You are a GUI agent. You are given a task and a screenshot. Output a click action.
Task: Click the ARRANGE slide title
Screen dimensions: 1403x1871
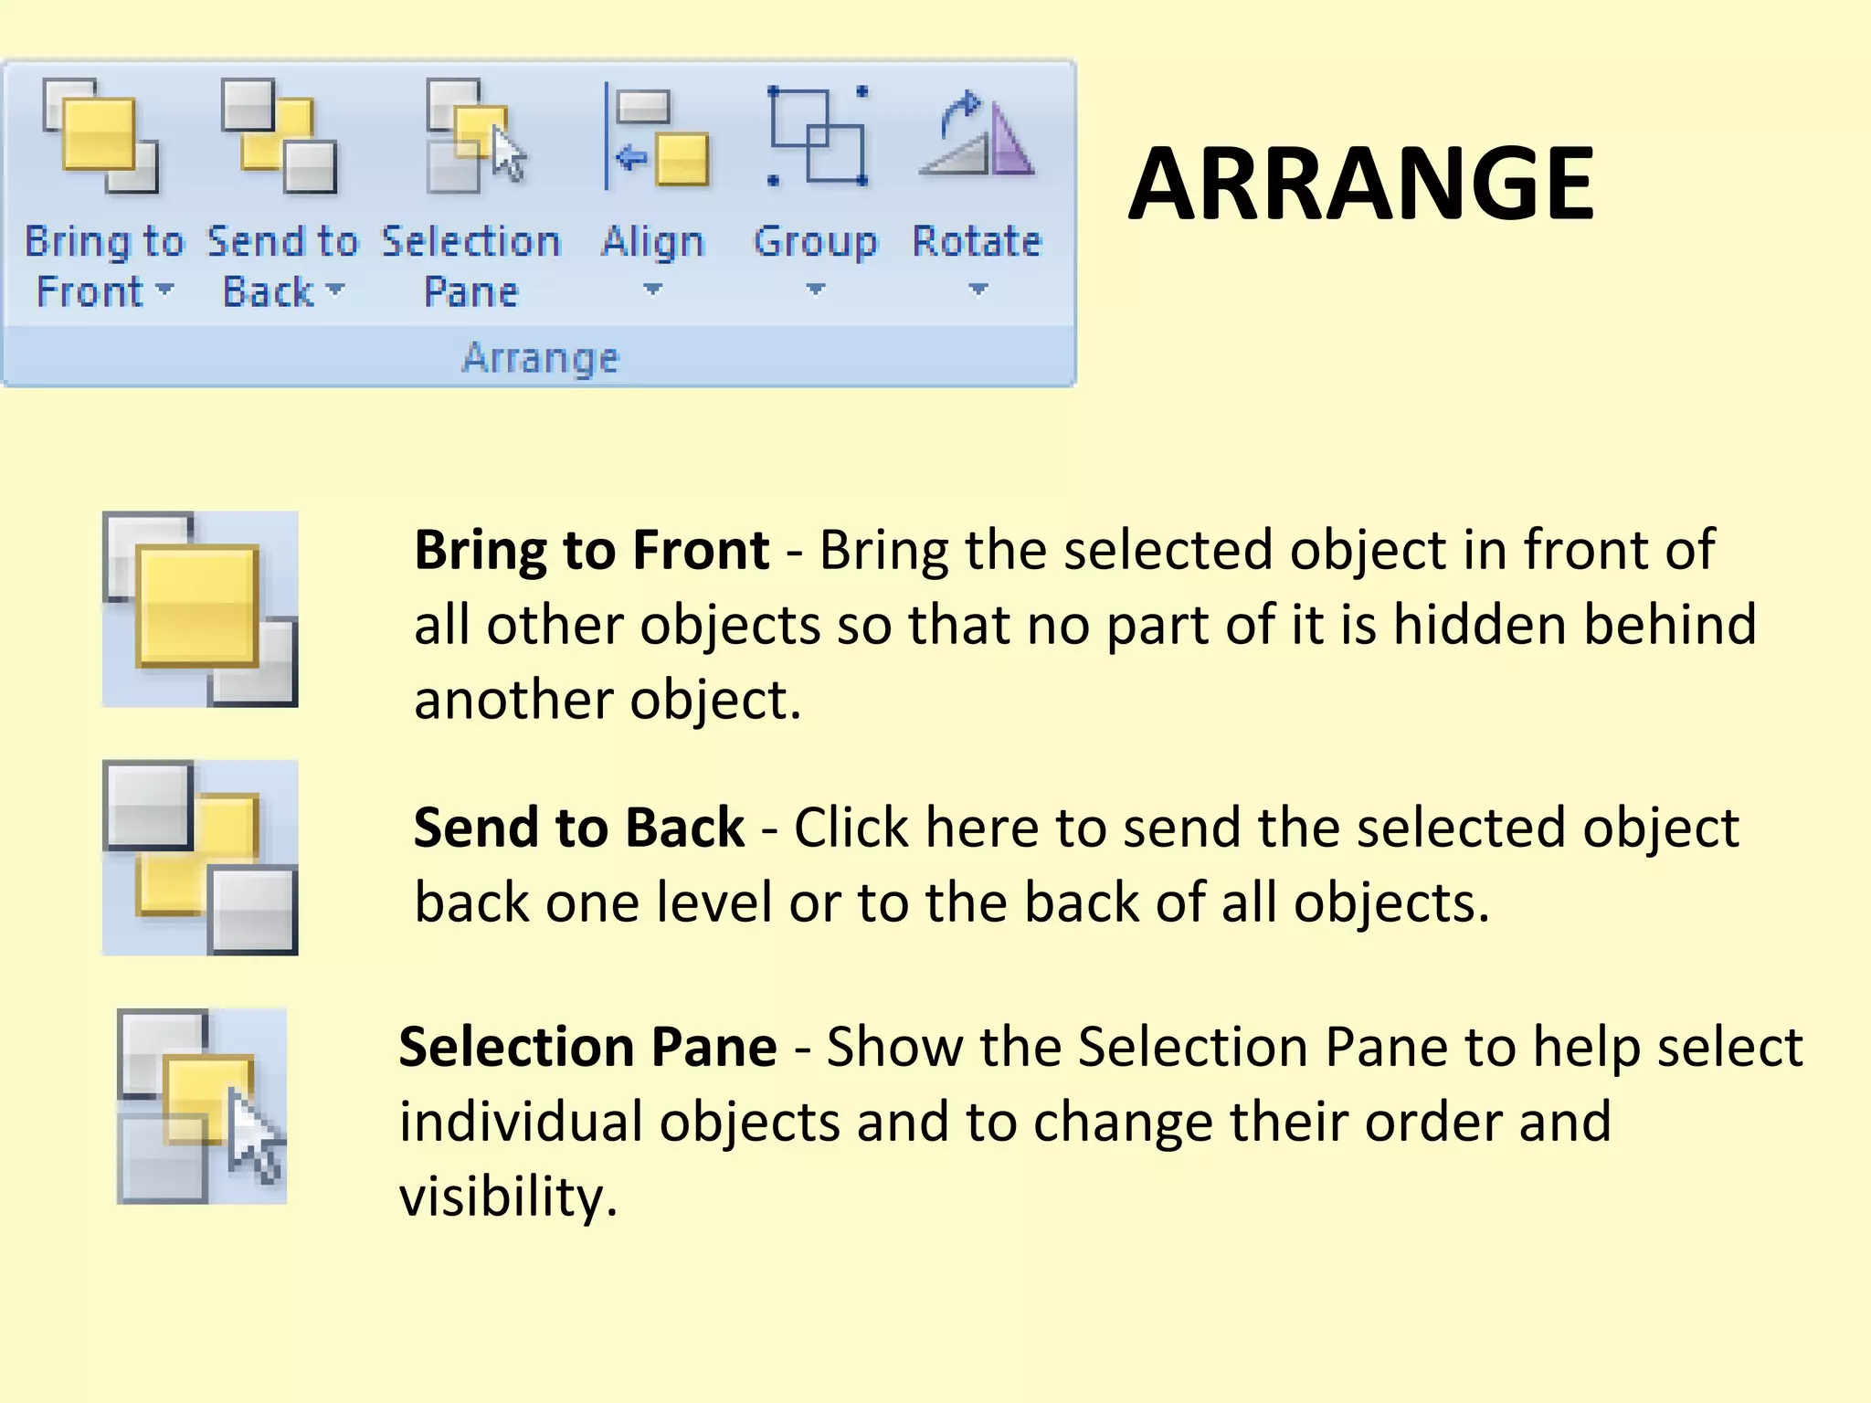point(1361,185)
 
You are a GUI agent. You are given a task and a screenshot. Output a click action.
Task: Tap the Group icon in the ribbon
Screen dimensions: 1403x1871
point(817,137)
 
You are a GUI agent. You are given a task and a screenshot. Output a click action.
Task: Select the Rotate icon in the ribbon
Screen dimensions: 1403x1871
point(977,137)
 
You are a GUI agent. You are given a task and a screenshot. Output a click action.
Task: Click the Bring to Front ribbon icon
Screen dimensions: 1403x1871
point(100,136)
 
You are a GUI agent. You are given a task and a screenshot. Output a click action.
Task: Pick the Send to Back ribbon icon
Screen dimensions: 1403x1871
point(280,136)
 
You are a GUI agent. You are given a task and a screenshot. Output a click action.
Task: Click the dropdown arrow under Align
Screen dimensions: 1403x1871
point(652,290)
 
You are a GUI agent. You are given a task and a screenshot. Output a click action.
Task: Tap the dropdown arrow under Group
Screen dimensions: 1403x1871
point(816,290)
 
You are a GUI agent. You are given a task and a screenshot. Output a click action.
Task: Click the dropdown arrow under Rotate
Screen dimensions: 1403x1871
point(978,290)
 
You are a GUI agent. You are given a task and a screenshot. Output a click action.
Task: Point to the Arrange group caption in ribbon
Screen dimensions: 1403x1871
point(540,357)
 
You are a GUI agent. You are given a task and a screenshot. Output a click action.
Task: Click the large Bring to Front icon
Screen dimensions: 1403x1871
point(200,609)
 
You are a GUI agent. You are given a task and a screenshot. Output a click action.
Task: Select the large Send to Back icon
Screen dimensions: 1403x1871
point(200,858)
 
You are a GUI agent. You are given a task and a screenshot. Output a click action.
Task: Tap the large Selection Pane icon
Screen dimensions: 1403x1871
point(202,1106)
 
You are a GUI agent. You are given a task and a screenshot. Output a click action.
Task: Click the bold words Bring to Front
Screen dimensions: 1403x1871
point(592,550)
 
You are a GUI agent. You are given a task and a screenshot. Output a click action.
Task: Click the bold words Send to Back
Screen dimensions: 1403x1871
point(579,828)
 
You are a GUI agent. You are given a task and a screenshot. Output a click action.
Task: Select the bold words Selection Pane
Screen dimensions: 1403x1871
point(588,1047)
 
